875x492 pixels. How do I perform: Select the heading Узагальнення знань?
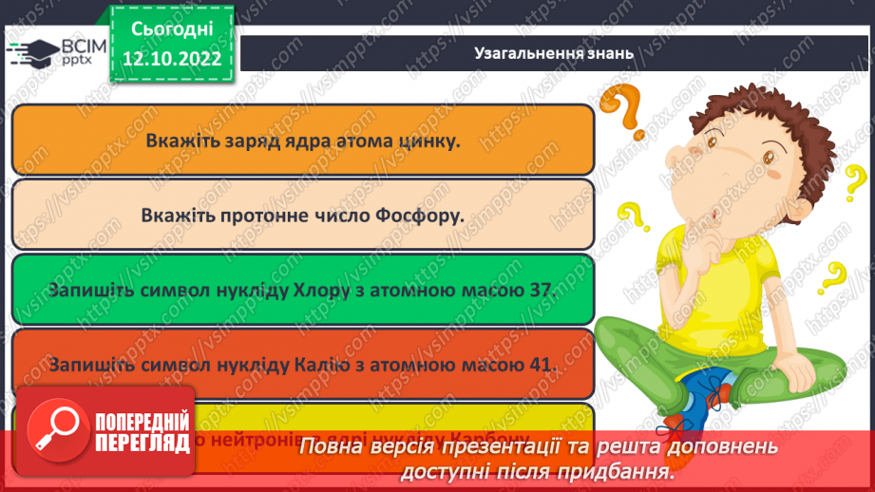point(554,53)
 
